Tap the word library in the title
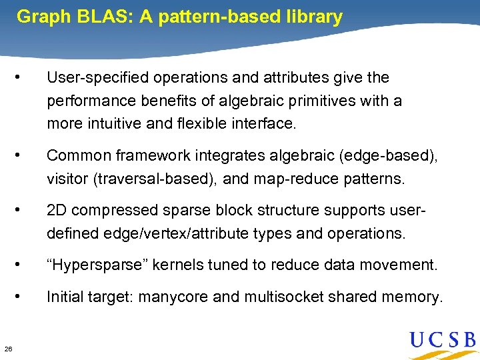(312, 17)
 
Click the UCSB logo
(442, 341)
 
